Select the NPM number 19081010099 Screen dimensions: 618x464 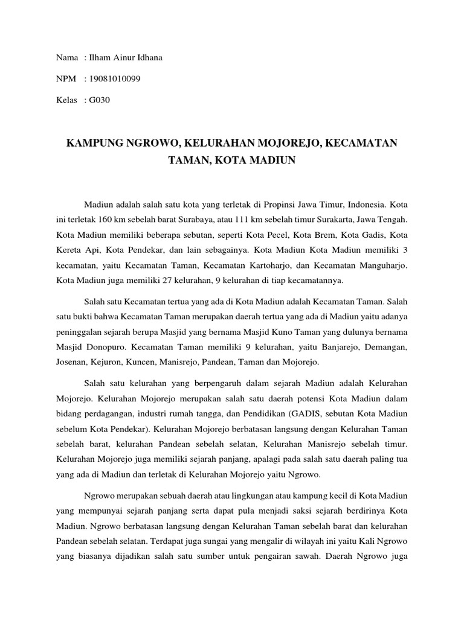coord(114,79)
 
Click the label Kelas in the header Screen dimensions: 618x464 coord(66,100)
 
